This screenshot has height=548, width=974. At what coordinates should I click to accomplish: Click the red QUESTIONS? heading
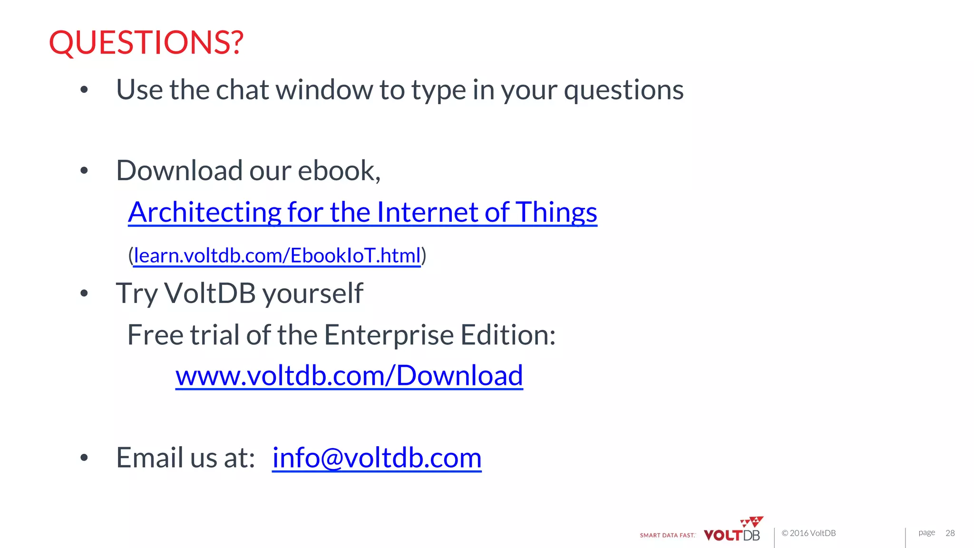coord(146,42)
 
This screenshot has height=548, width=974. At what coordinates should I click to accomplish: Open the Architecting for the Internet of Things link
coord(362,212)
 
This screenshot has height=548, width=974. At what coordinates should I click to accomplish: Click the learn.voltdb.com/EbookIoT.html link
coord(277,256)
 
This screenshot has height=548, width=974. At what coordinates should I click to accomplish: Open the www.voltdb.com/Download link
coord(349,376)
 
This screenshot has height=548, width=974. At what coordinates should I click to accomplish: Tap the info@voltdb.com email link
coord(377,458)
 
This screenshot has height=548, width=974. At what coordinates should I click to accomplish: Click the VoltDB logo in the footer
coord(732,530)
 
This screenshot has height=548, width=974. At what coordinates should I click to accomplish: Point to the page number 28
coord(950,533)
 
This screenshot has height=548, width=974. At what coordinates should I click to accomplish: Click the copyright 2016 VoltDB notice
coord(808,533)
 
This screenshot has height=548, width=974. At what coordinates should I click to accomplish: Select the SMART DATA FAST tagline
coord(667,536)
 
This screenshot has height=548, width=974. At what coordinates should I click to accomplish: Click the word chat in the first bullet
coord(243,90)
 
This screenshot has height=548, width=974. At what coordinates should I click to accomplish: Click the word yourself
coord(312,294)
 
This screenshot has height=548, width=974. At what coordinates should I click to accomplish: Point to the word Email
coord(149,458)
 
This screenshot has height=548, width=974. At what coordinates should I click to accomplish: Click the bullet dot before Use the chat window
coord(84,90)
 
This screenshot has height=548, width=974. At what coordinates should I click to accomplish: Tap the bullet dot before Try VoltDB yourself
coord(84,294)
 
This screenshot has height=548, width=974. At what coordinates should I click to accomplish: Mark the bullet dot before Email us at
coord(84,458)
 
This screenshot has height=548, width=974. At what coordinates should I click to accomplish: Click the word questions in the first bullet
coord(623,90)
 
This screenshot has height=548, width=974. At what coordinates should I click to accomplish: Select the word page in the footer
coord(926,533)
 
